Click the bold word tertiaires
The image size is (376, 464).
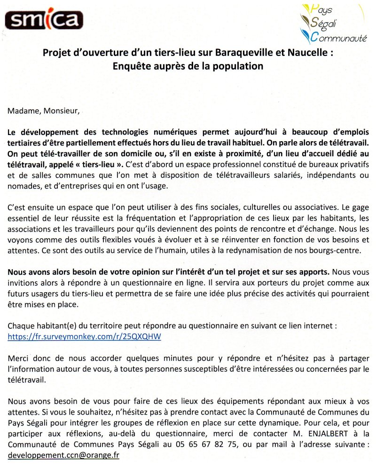pos(24,142)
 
